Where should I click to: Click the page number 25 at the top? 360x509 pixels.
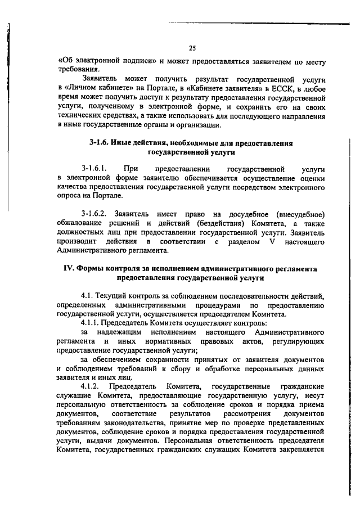pyautogui.click(x=193, y=47)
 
